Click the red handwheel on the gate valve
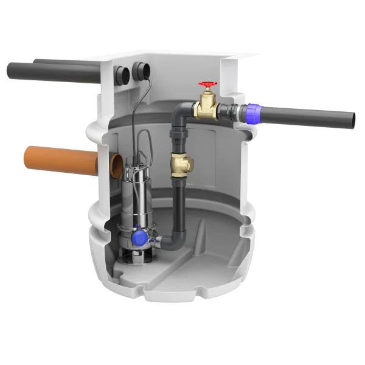(207, 86)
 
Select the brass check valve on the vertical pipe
(181, 162)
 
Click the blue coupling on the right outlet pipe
(249, 113)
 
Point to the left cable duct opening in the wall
(122, 75)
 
